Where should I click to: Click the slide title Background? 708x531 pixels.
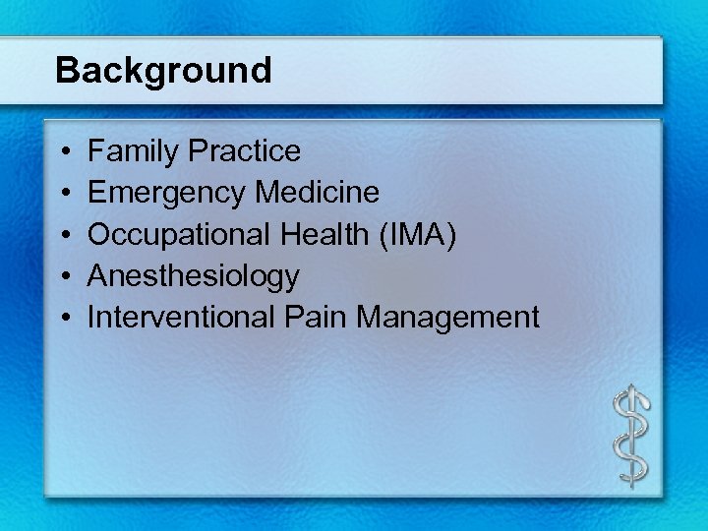[x=163, y=71]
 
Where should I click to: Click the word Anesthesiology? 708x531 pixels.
[x=194, y=276]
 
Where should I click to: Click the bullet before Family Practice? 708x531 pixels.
[x=63, y=152]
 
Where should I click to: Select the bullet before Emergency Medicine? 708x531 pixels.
[x=63, y=194]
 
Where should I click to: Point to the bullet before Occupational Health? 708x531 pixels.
[x=63, y=235]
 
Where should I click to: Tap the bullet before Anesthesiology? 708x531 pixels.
[x=63, y=276]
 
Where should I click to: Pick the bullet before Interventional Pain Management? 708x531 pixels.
[x=63, y=318]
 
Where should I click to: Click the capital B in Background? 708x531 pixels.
[x=67, y=71]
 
